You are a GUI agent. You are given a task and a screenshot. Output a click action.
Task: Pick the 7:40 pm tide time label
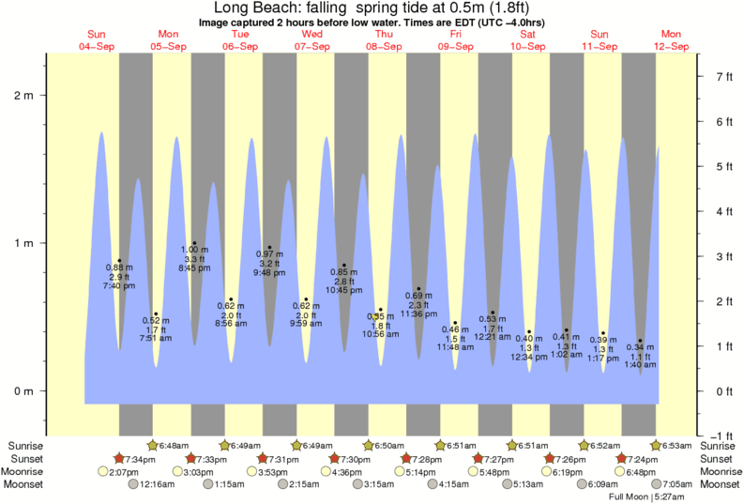(118, 286)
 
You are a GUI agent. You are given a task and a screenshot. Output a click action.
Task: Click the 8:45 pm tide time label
(194, 268)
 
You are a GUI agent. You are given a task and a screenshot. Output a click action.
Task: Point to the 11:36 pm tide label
(418, 314)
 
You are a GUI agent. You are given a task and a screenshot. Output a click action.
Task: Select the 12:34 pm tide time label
(528, 358)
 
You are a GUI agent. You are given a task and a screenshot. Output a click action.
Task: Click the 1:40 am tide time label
(640, 365)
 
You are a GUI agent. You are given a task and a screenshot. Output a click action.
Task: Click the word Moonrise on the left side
(26, 471)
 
